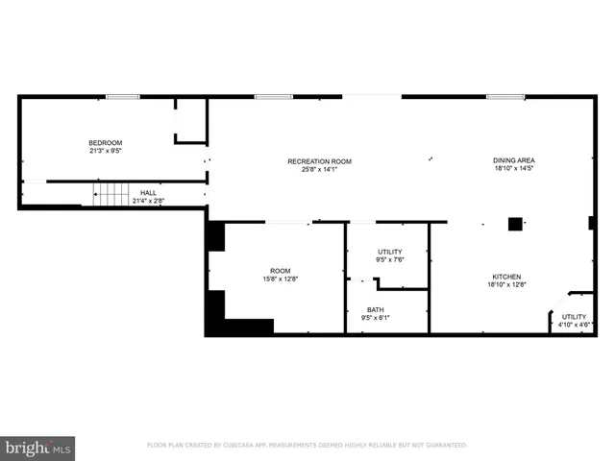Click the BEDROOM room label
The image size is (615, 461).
[106, 143]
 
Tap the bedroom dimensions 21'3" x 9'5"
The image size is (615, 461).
[106, 151]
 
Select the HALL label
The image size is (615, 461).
[148, 193]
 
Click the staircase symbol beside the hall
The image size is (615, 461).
[111, 195]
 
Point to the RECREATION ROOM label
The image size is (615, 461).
[320, 161]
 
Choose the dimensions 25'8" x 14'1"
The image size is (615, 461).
[320, 170]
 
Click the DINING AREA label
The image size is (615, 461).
[514, 160]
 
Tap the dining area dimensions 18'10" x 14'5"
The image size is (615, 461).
[514, 169]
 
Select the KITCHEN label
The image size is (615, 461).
[504, 277]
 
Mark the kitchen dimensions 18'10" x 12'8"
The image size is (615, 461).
[504, 285]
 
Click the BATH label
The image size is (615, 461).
[375, 309]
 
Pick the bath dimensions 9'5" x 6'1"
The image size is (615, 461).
[375, 318]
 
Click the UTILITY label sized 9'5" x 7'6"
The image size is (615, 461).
[389, 252]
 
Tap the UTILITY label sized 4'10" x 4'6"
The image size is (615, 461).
[574, 316]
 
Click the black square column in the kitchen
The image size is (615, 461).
[515, 224]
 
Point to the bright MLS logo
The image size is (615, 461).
[37, 447]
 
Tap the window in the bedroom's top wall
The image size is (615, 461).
[122, 96]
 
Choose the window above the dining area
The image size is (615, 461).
[504, 96]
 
